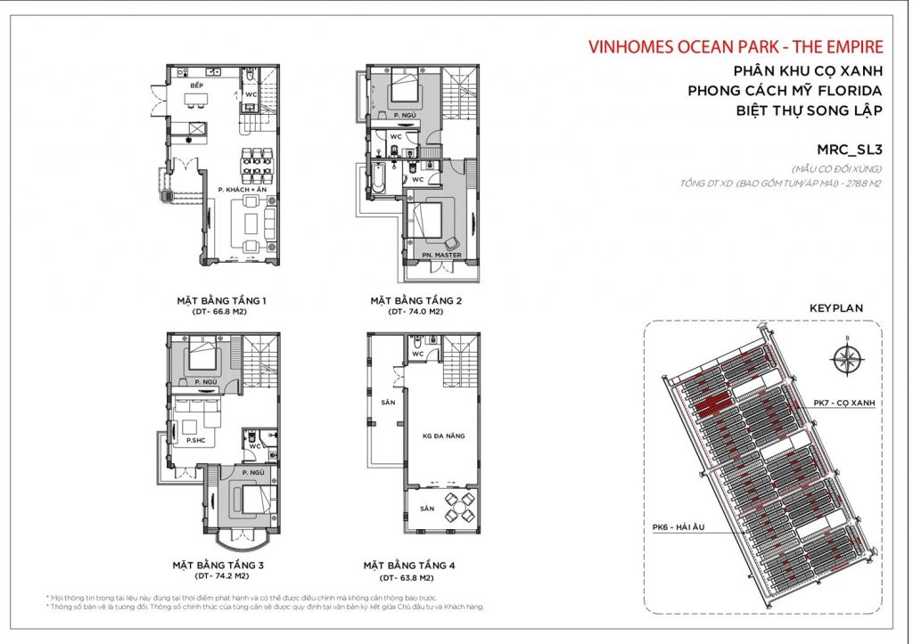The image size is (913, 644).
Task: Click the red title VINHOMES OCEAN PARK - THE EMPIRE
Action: click(x=736, y=47)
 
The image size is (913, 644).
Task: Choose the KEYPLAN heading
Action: click(x=835, y=307)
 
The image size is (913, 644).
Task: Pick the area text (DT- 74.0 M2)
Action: click(x=415, y=313)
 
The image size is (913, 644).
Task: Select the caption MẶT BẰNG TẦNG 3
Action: click(x=217, y=565)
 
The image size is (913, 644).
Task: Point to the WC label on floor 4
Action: click(x=416, y=355)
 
